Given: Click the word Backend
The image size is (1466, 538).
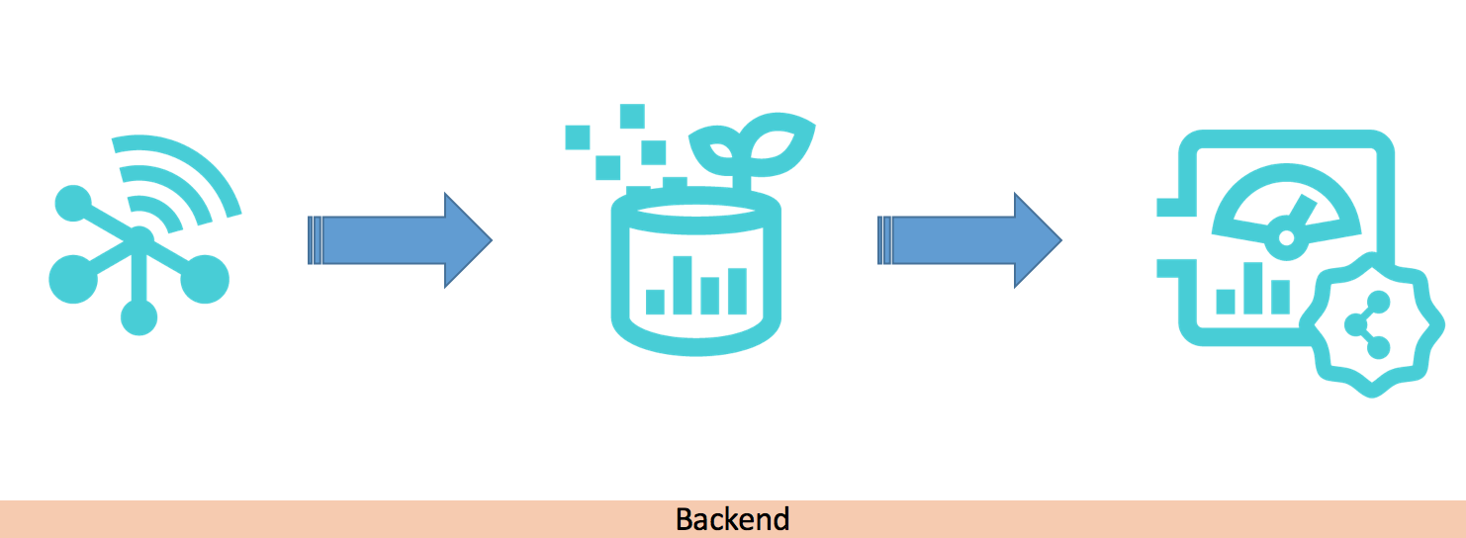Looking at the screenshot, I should point(732,519).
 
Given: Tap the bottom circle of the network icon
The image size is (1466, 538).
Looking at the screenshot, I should point(138,316).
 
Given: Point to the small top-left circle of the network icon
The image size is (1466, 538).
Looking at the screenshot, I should point(70,203).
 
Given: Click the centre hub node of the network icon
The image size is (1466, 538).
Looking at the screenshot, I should point(139,237).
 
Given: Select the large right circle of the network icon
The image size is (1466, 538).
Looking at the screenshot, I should point(206,279).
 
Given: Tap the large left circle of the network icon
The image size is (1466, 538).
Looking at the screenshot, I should point(73,279).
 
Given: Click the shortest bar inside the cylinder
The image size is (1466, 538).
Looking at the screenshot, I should point(655,301).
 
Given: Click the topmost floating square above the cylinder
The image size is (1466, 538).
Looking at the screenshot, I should point(632,116).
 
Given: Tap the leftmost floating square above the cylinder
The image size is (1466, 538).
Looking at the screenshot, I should point(578,136).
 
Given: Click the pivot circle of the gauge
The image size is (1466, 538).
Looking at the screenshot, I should point(1286,237).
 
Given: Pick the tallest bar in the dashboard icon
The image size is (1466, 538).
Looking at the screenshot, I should point(1253,287).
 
